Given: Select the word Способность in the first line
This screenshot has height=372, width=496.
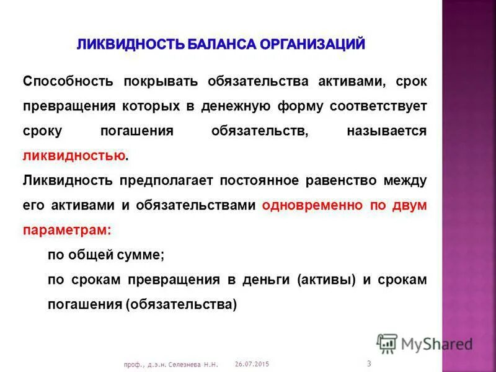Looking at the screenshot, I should (x=68, y=82).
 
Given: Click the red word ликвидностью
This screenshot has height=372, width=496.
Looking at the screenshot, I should (x=74, y=156).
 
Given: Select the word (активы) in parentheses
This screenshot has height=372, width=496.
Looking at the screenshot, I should (x=326, y=280).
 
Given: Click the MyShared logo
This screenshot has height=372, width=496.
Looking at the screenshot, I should (x=425, y=343).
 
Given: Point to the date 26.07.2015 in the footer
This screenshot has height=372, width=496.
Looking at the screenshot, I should (x=252, y=363).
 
